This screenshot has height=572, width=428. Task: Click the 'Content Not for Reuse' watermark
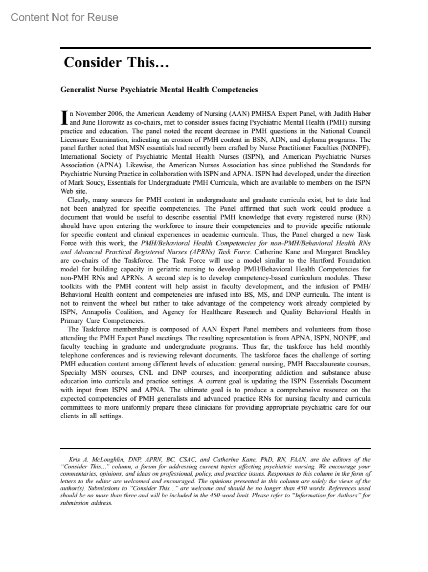(65, 17)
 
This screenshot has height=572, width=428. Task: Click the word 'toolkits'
(71, 286)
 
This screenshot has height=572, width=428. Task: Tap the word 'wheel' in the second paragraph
(131, 303)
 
